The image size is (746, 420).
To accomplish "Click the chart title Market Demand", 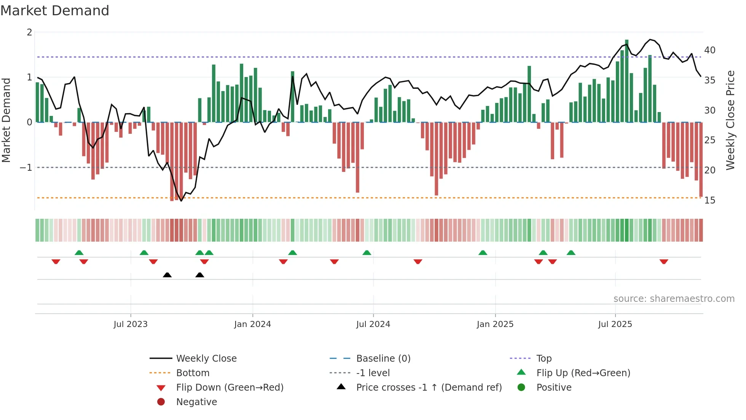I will (55, 11).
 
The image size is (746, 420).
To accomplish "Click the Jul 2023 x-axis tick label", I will (131, 324).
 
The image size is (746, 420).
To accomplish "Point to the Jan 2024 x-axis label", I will (252, 324).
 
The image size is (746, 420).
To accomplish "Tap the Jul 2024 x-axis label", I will (373, 324).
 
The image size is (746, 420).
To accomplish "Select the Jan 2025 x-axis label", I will (495, 324).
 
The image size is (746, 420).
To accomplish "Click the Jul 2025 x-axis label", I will (615, 324).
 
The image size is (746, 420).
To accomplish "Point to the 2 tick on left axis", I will (29, 32).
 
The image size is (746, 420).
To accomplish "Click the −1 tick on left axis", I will (26, 168).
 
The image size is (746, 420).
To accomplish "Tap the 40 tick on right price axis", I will (709, 50).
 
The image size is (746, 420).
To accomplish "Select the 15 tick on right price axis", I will (709, 200).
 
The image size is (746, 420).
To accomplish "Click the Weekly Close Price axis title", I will (730, 120).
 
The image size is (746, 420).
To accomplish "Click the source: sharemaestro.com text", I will (674, 299).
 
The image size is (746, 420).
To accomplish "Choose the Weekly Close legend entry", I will (206, 359).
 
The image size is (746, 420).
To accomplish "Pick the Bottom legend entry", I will (193, 373).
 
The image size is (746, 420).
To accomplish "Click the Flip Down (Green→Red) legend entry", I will (230, 388).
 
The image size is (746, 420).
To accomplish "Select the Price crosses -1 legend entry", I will (429, 388).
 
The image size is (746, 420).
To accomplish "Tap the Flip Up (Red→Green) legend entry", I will (583, 373).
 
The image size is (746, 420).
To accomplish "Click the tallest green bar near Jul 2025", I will (626, 80).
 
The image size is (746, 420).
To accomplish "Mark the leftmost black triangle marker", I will (167, 275).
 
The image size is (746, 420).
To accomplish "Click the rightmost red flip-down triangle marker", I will (664, 261).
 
